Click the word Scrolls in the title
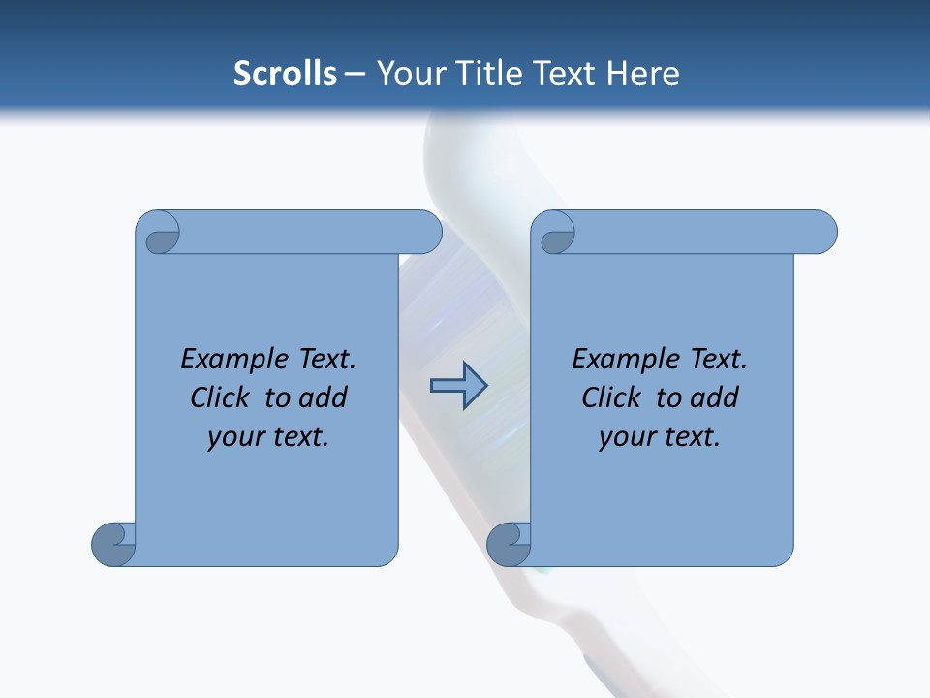click(286, 74)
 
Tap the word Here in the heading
click(643, 74)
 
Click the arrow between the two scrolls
click(458, 386)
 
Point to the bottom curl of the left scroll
click(114, 544)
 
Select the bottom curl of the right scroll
click(509, 544)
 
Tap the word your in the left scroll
click(234, 437)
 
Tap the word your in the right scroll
click(626, 437)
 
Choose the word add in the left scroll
click(322, 397)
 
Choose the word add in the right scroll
click(713, 397)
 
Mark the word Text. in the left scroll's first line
click(324, 360)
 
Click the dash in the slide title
click(355, 75)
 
